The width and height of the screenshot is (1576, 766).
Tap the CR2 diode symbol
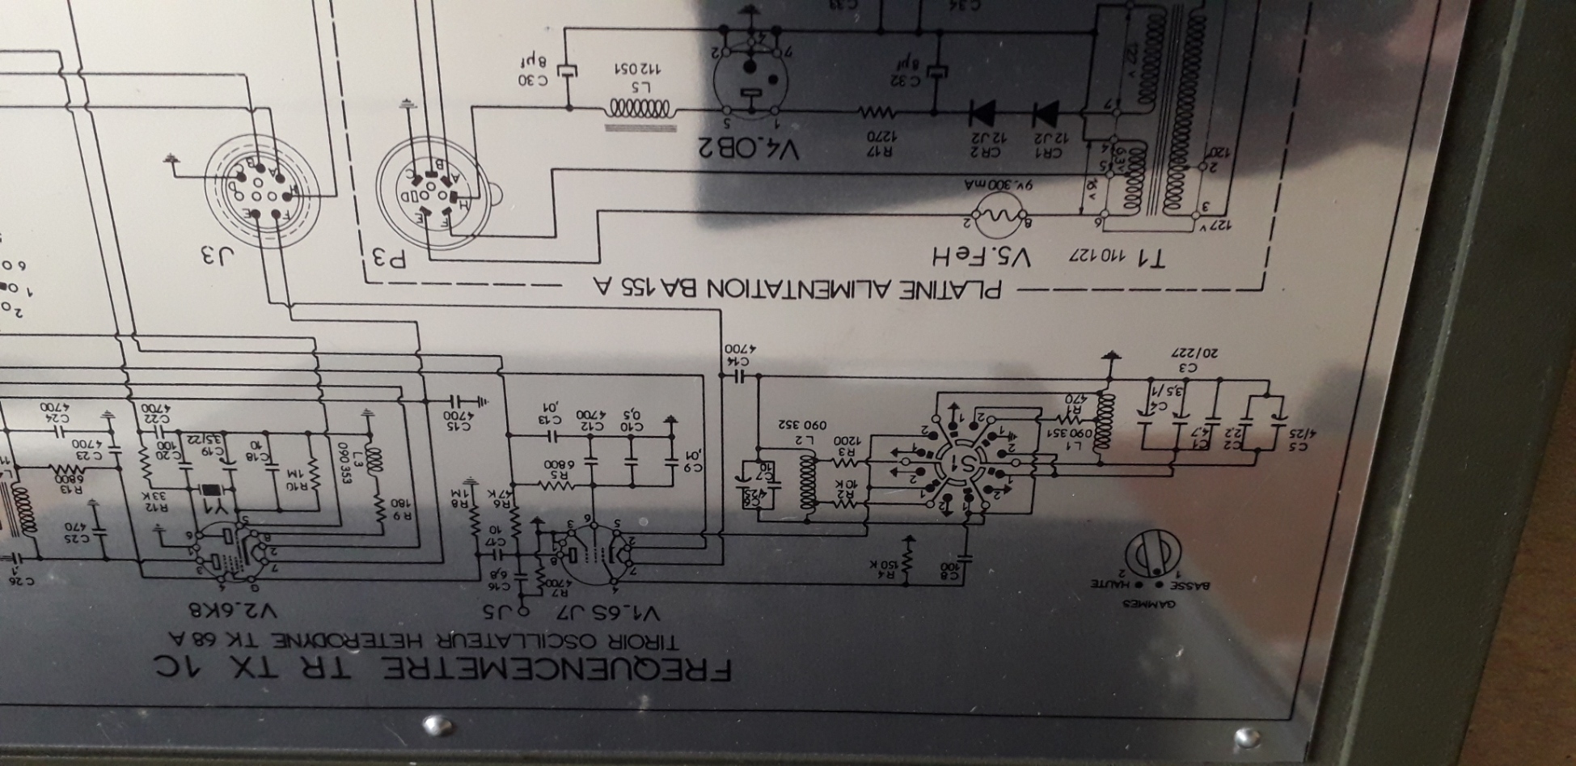(x=982, y=113)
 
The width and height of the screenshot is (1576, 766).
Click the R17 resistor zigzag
(x=880, y=111)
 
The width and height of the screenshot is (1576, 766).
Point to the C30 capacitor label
(x=533, y=79)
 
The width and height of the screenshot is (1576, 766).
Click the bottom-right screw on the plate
(x=1248, y=735)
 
